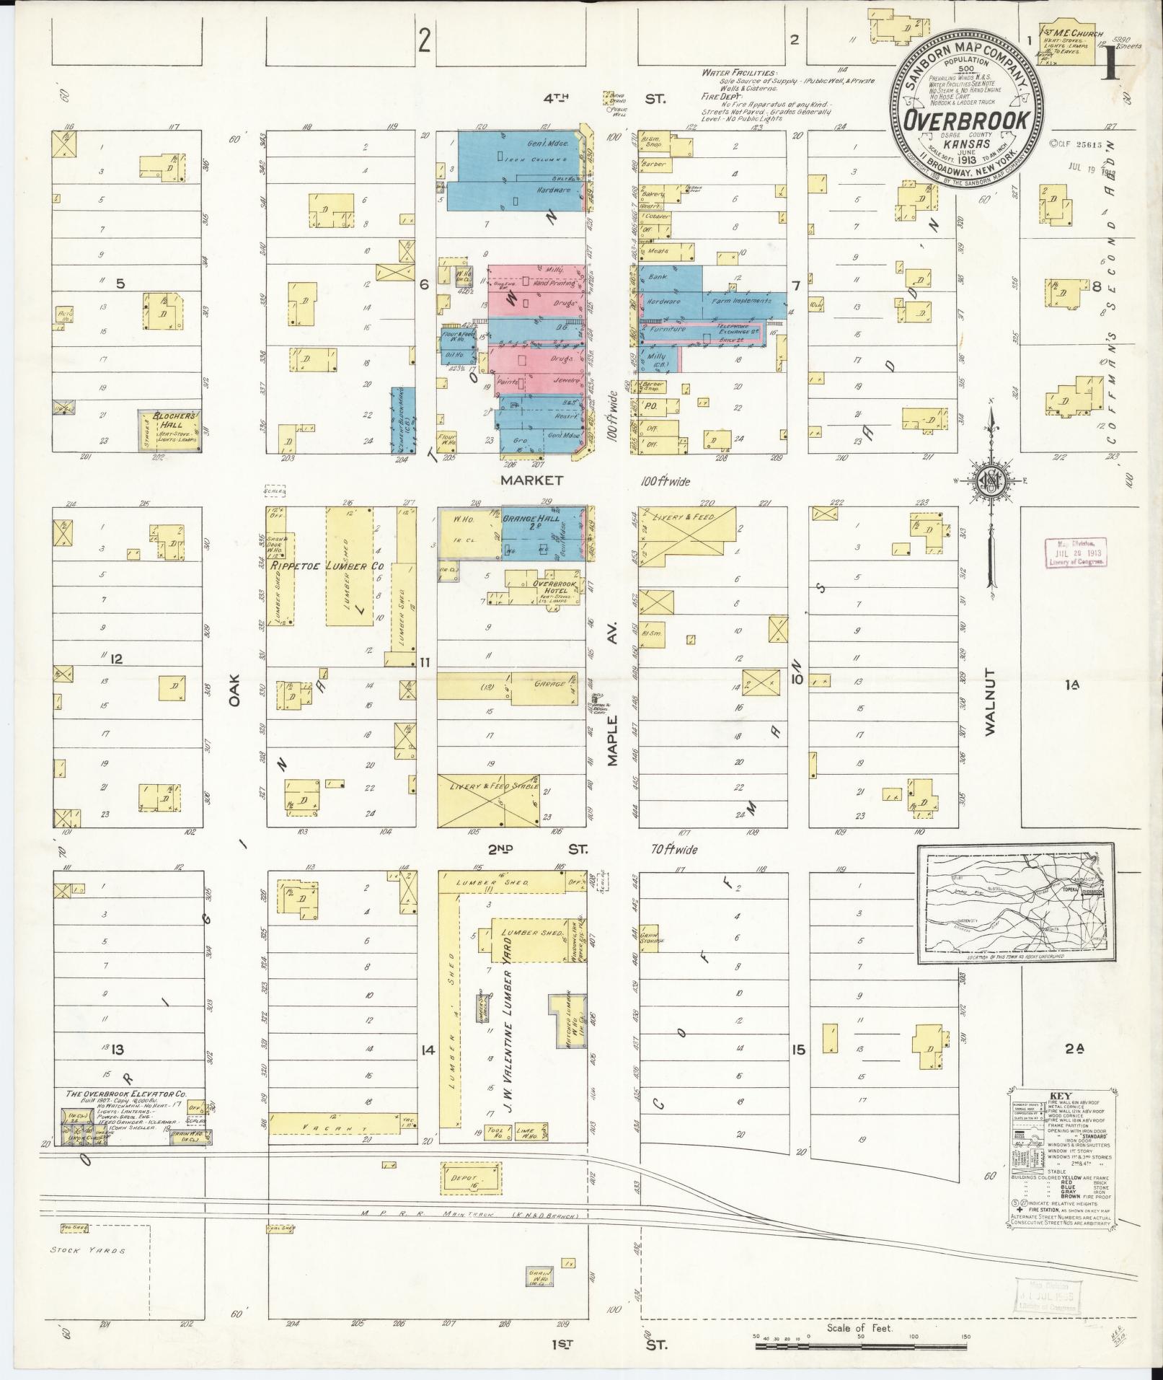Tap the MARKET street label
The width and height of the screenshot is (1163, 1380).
[538, 479]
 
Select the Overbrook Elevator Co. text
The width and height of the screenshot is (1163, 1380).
[127, 1114]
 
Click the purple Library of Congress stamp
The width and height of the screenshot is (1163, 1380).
[1074, 554]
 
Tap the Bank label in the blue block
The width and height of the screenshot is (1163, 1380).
[658, 276]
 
